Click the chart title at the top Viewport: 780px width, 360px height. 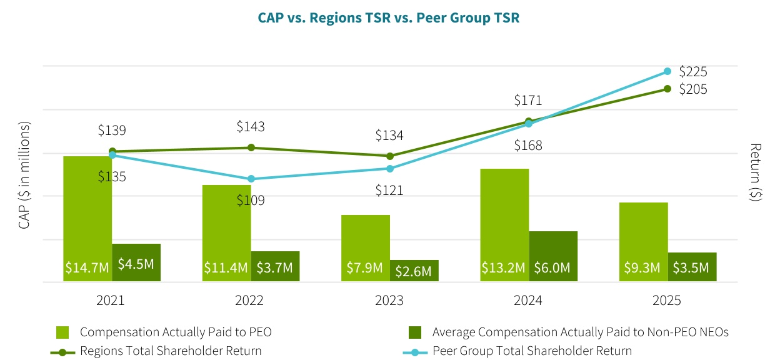coord(389,18)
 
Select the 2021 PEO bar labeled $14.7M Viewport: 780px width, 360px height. coord(87,219)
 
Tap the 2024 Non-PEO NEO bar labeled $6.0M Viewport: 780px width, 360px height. coord(552,256)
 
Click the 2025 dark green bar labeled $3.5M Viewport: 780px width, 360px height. coord(691,267)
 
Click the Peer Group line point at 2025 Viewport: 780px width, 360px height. coord(667,71)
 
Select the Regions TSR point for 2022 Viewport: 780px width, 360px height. coord(251,147)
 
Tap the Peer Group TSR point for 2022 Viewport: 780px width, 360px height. coord(251,179)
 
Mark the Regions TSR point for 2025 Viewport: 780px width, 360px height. coord(667,89)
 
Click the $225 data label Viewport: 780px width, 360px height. coord(692,71)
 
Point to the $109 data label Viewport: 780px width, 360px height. coord(251,201)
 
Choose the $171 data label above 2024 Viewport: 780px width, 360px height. coord(527,101)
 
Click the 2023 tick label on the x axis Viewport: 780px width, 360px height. coord(389,301)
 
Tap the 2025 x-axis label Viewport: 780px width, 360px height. coord(666,301)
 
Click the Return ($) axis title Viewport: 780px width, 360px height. coord(756,172)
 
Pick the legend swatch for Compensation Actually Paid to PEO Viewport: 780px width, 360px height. coord(62,332)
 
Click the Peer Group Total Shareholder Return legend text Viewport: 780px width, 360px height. coord(532,351)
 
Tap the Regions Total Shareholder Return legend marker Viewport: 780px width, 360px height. coord(62,351)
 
